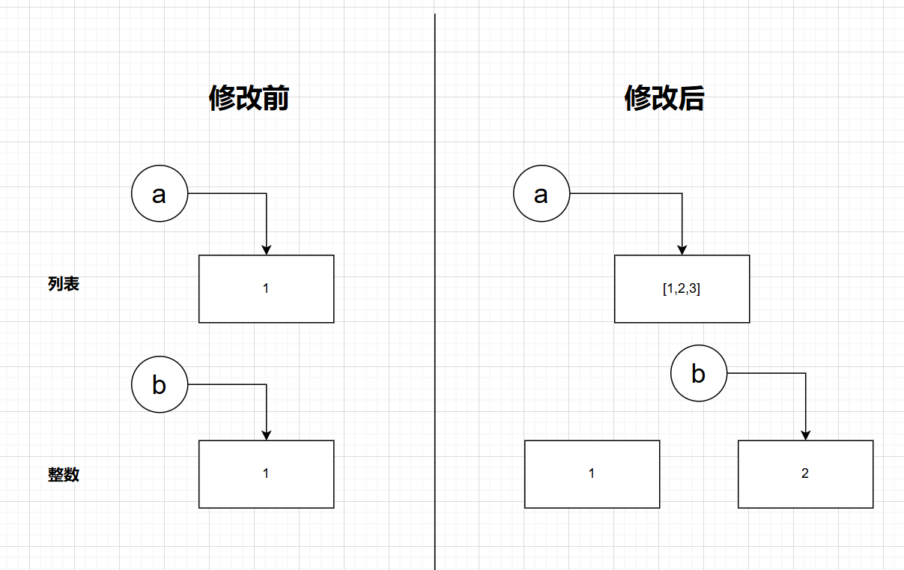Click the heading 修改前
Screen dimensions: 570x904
point(249,98)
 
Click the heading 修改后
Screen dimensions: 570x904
point(664,98)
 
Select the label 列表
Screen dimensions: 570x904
point(64,285)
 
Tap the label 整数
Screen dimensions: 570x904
point(64,475)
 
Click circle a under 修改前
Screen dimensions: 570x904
point(160,193)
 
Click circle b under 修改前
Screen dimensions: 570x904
point(160,384)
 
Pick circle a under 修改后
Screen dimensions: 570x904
point(542,193)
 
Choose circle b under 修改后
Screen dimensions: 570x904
point(699,373)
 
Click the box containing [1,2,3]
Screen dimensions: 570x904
point(682,288)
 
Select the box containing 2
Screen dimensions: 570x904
point(805,473)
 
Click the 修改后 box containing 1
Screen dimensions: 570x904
point(592,473)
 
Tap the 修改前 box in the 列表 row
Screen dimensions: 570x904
point(266,288)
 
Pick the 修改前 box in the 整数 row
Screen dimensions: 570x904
point(266,473)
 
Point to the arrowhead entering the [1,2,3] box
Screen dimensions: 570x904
point(682,249)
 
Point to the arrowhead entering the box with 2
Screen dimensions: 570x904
point(805,434)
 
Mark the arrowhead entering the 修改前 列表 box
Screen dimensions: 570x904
point(266,249)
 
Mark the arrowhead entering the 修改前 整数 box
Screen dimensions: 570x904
point(266,434)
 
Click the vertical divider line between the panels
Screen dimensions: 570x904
point(434,300)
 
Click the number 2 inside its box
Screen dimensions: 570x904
point(805,473)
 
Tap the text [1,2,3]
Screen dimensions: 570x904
point(682,288)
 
